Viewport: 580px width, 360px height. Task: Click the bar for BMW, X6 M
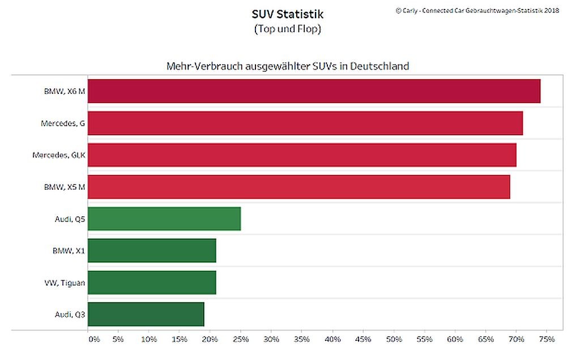pos(314,91)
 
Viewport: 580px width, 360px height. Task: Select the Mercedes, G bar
pos(305,123)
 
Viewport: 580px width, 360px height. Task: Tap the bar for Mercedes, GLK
pos(302,155)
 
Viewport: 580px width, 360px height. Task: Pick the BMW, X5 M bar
pos(299,187)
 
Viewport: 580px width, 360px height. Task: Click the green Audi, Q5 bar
pos(164,218)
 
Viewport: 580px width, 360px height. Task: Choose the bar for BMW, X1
pos(152,250)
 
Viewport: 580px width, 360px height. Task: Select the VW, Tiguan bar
pos(152,282)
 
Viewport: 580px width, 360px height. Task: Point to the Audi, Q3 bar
pos(146,314)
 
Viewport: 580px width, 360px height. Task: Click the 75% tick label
pos(546,339)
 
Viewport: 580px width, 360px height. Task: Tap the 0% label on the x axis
pos(94,339)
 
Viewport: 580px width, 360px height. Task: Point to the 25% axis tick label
pos(241,339)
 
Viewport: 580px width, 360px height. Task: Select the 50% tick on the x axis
pos(394,339)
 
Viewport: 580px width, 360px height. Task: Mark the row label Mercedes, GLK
pos(59,155)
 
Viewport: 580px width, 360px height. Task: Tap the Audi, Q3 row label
pos(70,314)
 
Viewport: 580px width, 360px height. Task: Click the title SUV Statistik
pos(287,14)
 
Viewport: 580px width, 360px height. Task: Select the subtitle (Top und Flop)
pos(287,29)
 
